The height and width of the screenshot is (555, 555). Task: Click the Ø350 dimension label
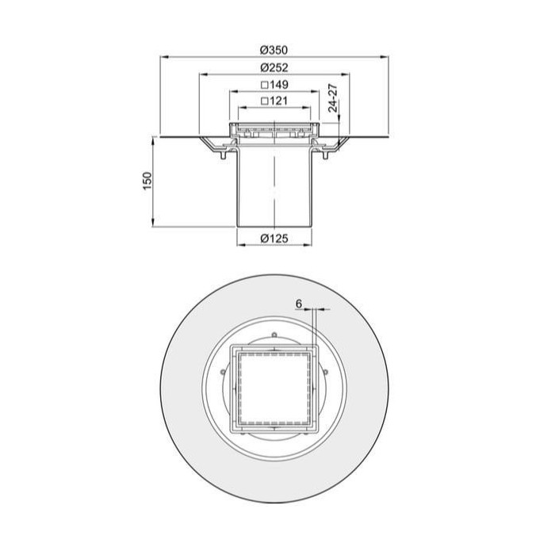[x=274, y=50]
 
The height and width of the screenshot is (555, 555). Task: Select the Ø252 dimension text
[x=274, y=67]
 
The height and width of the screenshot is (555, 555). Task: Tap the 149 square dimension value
[x=278, y=85]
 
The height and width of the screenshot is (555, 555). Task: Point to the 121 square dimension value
[x=278, y=101]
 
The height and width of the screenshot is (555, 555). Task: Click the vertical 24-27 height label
[x=332, y=98]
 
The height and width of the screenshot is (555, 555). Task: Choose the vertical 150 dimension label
[x=147, y=181]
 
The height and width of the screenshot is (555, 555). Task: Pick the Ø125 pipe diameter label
[x=274, y=238]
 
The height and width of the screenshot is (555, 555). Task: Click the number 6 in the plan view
[x=299, y=304]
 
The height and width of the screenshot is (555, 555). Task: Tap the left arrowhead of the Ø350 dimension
[x=164, y=56]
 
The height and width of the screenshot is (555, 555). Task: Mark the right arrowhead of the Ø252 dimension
[x=346, y=75]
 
